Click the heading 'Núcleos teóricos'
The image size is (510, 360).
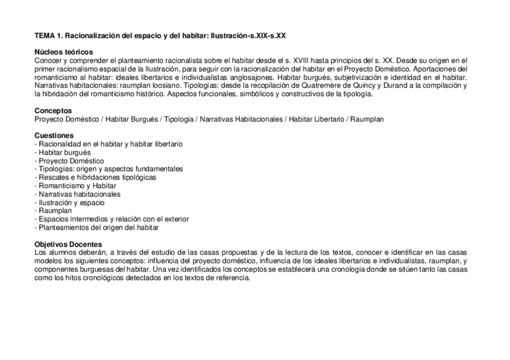click(x=63, y=53)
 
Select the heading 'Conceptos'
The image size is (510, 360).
click(x=53, y=111)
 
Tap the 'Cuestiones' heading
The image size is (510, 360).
click(x=54, y=136)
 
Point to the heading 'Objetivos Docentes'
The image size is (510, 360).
click(x=68, y=244)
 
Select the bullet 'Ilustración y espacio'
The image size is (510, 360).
click(x=70, y=203)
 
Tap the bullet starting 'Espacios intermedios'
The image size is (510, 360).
click(x=112, y=219)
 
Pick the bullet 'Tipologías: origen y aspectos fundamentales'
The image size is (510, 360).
click(x=109, y=169)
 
